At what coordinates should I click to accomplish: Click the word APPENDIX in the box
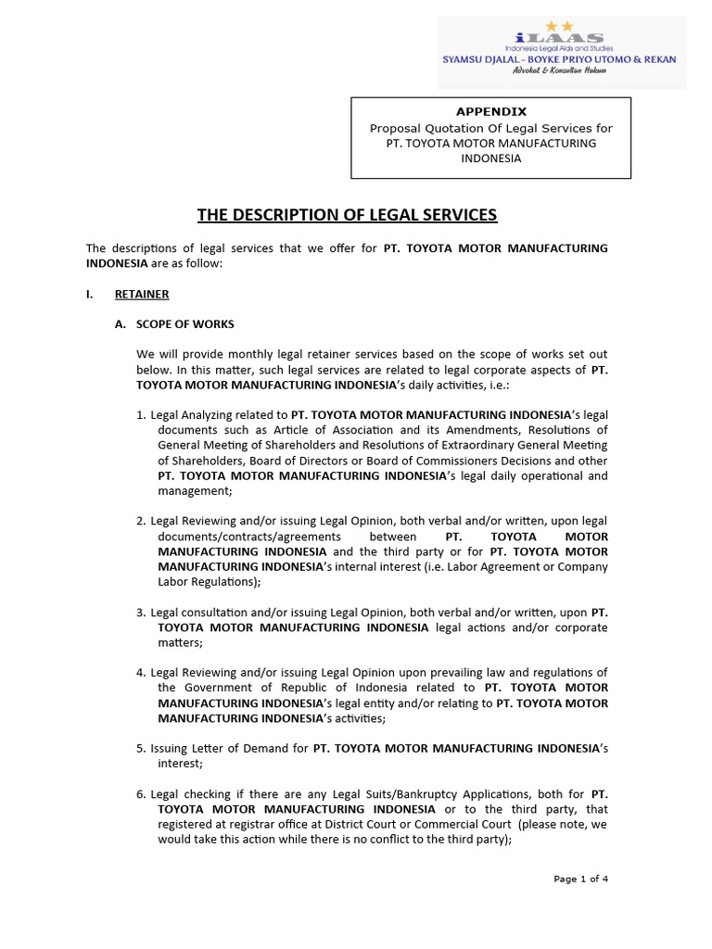[x=490, y=111]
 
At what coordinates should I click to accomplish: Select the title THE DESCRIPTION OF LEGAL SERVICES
[x=347, y=215]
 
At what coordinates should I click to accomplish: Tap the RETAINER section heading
[x=142, y=294]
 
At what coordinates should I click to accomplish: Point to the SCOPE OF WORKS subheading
[x=185, y=323]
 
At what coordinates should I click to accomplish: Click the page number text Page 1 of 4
[x=581, y=879]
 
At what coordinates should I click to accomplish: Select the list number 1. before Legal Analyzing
[x=141, y=414]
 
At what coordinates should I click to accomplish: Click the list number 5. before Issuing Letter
[x=141, y=748]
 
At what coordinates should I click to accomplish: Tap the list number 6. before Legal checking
[x=141, y=794]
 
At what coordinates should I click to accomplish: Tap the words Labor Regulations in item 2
[x=208, y=582]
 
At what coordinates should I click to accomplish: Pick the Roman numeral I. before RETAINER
[x=90, y=294]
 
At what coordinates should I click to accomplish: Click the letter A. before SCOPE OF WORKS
[x=120, y=323]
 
